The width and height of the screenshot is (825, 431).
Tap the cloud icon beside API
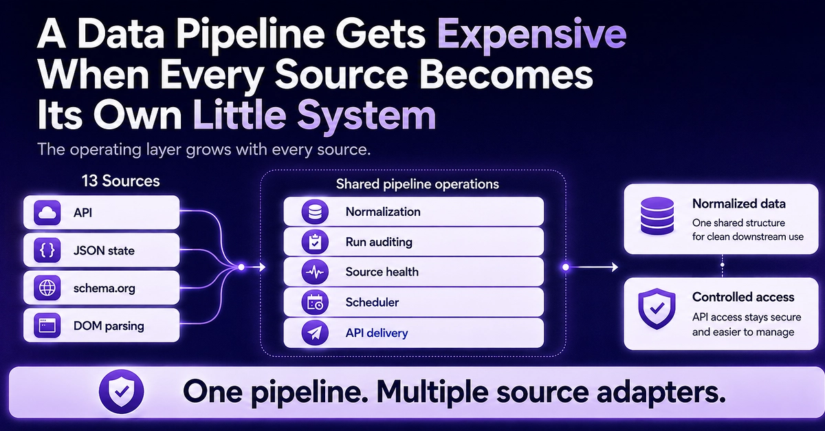tap(47, 212)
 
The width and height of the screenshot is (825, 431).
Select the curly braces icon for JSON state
tap(47, 250)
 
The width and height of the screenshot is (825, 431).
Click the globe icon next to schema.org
tap(47, 288)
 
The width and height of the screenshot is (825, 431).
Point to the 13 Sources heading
tap(120, 181)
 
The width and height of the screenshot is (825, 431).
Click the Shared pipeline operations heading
tap(417, 184)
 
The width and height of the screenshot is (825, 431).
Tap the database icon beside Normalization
tap(315, 212)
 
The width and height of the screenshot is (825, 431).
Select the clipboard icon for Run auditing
tap(315, 242)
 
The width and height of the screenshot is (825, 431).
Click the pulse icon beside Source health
tap(315, 272)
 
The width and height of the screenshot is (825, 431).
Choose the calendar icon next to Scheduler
tap(315, 302)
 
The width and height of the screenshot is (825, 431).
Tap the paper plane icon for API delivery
tap(315, 333)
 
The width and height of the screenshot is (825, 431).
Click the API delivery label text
tap(377, 333)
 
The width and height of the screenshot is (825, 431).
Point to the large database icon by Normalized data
tap(657, 216)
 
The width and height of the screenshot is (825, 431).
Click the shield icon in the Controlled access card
tap(657, 309)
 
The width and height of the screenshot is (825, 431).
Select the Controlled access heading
tap(743, 297)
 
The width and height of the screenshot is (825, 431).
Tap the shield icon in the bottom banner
tap(122, 392)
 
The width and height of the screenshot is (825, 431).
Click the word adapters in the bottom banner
tap(661, 393)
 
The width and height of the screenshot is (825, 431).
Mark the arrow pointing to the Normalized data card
tap(592, 267)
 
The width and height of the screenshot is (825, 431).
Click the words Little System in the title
tap(315, 115)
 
